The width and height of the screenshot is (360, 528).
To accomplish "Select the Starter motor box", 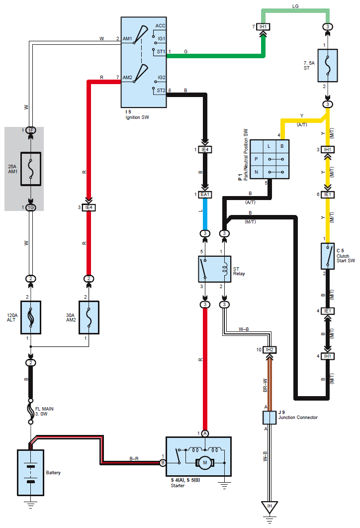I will (198, 457).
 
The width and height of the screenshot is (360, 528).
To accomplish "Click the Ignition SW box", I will (144, 62).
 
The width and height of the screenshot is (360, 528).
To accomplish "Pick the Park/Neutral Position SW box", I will (269, 159).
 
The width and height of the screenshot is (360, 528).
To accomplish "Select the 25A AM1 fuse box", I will (30, 169).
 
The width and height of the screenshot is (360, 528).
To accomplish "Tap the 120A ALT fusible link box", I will (30, 317).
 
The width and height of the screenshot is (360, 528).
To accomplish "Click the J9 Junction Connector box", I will (270, 418).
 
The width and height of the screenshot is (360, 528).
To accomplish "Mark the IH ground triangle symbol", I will (270, 508).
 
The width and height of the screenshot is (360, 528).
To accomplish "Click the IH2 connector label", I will (270, 350).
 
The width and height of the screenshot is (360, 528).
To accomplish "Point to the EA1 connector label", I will (204, 195).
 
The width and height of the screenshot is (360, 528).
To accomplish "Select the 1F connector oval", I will (31, 130).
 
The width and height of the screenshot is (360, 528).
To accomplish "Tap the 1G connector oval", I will (31, 207).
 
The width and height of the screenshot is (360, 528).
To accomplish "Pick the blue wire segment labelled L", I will (204, 214).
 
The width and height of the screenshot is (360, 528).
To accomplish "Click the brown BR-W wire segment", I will (270, 384).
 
